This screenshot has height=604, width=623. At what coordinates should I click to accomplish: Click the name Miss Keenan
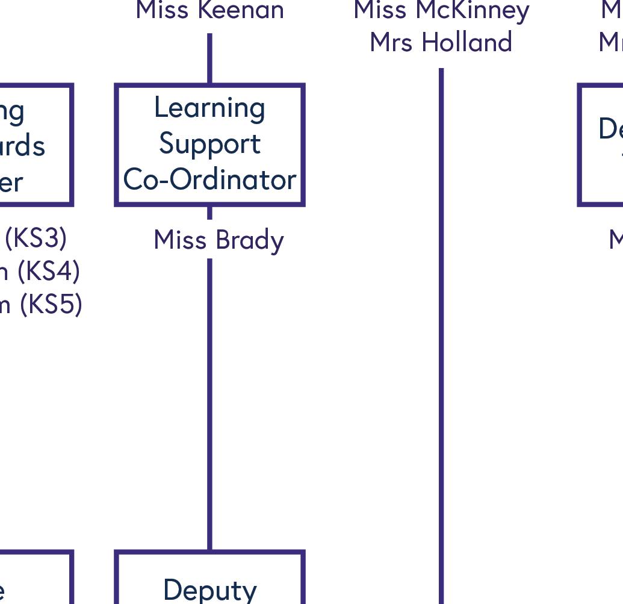[x=209, y=10]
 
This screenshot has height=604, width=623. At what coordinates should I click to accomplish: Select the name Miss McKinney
[x=441, y=10]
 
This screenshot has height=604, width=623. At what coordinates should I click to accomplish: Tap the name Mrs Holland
[x=441, y=43]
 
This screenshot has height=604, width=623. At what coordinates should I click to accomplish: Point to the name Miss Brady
[x=219, y=240]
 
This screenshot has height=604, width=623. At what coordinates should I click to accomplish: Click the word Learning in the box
[x=209, y=108]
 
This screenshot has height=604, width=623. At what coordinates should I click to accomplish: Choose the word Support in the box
[x=209, y=143]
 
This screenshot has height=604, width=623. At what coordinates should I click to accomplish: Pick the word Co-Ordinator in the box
[x=209, y=179]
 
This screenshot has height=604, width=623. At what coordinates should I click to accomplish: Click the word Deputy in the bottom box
[x=209, y=589]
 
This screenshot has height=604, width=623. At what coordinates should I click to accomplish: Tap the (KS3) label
[x=36, y=238]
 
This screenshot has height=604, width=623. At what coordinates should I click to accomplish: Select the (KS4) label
[x=48, y=272]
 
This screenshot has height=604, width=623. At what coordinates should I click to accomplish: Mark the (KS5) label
[x=51, y=305]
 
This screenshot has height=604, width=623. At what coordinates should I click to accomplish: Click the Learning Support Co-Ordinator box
[x=209, y=145]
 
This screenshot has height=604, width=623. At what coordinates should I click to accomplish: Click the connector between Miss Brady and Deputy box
[x=209, y=403]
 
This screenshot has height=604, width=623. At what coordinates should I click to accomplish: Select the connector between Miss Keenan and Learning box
[x=209, y=58]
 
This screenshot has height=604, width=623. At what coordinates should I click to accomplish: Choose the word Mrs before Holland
[x=392, y=43]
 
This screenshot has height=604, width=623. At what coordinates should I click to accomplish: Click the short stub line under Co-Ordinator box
[x=209, y=213]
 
